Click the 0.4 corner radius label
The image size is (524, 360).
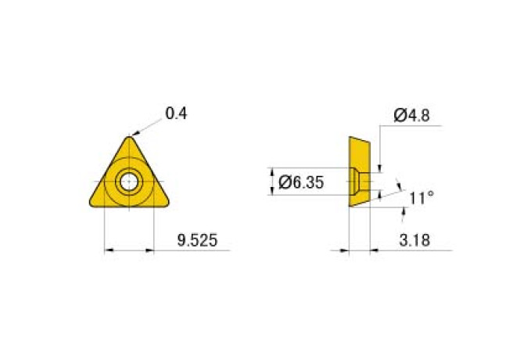(176, 113)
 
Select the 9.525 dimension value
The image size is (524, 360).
(197, 240)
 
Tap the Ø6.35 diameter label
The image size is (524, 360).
(301, 182)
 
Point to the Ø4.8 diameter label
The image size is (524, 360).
(411, 115)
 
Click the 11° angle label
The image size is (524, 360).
(422, 198)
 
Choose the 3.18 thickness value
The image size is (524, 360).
(415, 240)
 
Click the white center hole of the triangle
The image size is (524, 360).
(129, 182)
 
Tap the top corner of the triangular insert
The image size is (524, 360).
(129, 137)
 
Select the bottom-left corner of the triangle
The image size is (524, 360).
(91, 203)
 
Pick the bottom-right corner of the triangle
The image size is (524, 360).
(167, 203)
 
